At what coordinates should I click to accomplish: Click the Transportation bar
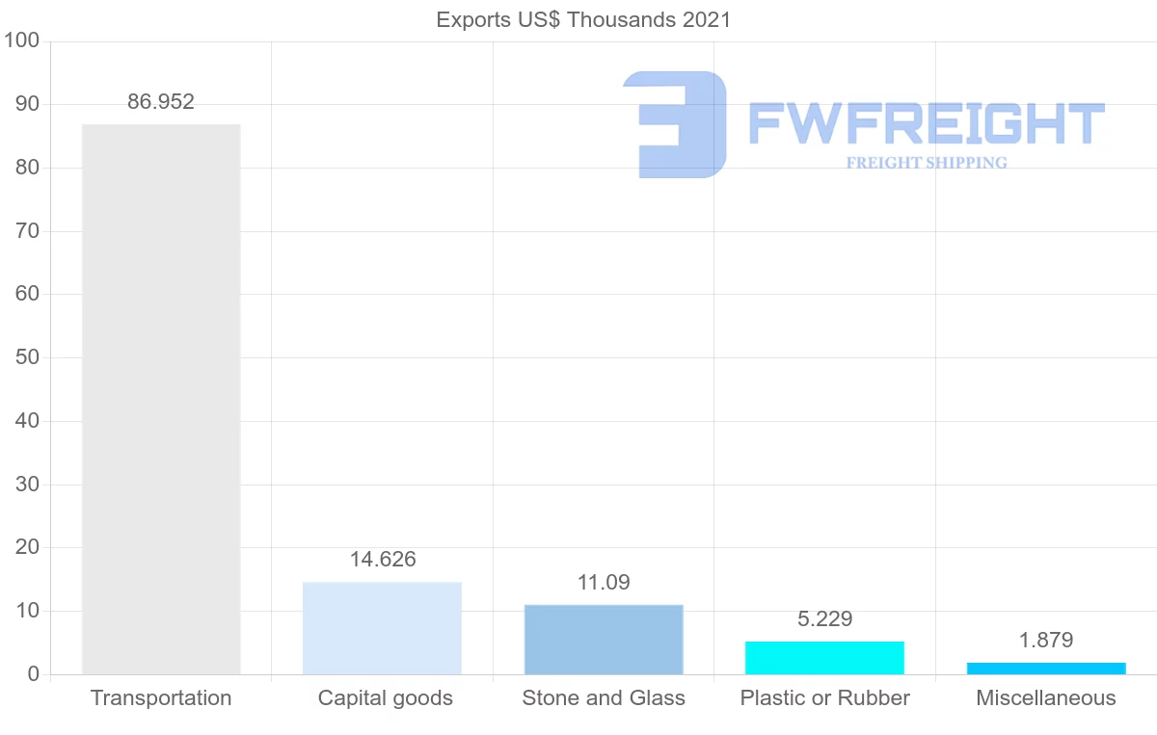click(x=161, y=399)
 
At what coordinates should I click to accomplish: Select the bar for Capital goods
click(x=382, y=628)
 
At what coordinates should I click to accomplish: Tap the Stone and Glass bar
click(x=604, y=640)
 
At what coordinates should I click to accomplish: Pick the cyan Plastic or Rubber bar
click(x=824, y=658)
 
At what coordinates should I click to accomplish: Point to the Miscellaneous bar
click(x=1046, y=669)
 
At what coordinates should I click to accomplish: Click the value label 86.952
click(x=161, y=102)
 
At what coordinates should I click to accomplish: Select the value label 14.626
click(x=383, y=560)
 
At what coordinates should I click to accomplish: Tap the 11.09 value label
click(x=604, y=583)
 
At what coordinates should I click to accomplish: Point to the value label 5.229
click(x=825, y=619)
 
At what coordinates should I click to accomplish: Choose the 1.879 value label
click(x=1046, y=641)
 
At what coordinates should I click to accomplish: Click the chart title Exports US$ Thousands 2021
click(x=583, y=19)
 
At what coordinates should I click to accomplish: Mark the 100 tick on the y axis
click(x=21, y=41)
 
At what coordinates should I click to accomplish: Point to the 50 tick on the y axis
click(x=27, y=358)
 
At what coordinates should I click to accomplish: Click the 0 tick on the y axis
click(x=34, y=674)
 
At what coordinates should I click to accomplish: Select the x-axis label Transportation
click(x=161, y=698)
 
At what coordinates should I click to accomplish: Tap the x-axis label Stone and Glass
click(x=604, y=698)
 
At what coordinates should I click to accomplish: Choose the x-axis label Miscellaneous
click(x=1046, y=698)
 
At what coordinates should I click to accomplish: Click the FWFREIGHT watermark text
click(x=926, y=123)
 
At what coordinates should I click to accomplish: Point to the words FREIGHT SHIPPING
click(x=927, y=163)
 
